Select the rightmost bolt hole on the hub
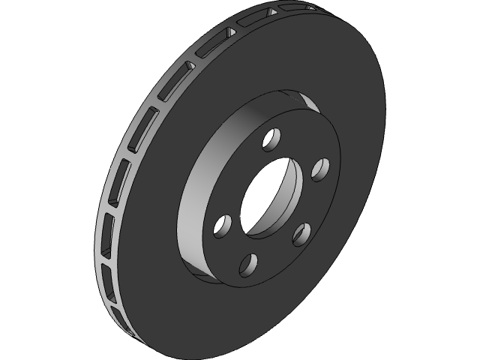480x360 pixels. click(320, 169)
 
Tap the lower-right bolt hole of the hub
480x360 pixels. click(303, 233)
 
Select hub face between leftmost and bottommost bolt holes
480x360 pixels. click(229, 251)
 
